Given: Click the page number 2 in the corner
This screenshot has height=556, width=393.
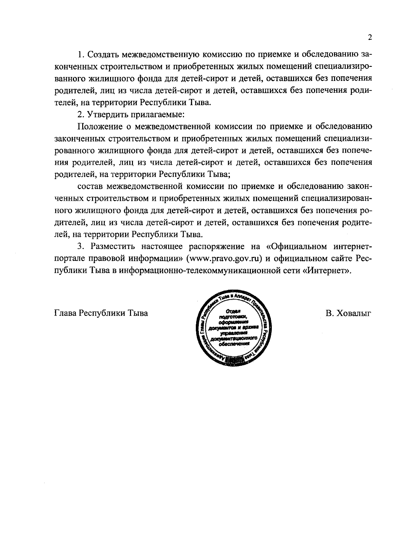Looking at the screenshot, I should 370,37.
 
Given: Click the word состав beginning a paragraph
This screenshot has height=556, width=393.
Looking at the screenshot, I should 89,186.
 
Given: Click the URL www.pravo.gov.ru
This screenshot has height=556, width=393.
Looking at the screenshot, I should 224,259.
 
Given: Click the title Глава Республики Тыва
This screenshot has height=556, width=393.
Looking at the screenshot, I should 101,313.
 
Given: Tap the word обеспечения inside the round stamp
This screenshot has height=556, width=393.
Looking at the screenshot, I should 234,344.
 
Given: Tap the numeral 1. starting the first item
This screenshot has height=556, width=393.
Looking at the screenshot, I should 80,54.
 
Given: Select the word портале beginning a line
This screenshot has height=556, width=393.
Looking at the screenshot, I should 69,259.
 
